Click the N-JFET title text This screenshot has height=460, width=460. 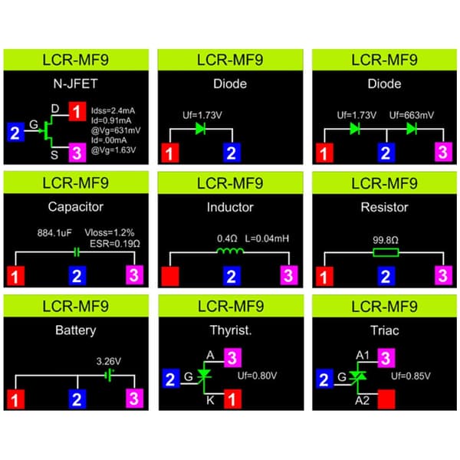pyautogui.click(x=75, y=84)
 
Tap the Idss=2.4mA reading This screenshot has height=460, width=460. pyautogui.click(x=113, y=110)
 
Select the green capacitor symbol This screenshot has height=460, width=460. pyautogui.click(x=77, y=252)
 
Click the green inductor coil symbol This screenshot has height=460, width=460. pyautogui.click(x=230, y=251)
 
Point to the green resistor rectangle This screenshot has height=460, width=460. pyautogui.click(x=386, y=252)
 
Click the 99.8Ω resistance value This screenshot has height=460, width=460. pyautogui.click(x=386, y=240)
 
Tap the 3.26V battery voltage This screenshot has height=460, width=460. pyautogui.click(x=109, y=361)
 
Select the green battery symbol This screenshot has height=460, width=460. pyautogui.click(x=110, y=375)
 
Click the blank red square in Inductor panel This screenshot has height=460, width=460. pyautogui.click(x=170, y=276)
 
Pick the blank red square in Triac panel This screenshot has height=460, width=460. pyautogui.click(x=386, y=399)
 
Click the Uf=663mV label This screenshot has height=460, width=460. pyautogui.click(x=411, y=115)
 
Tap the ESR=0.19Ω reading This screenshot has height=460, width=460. pyautogui.click(x=115, y=244)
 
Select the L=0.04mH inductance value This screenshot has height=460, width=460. pyautogui.click(x=267, y=238)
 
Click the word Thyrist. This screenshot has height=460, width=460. pyautogui.click(x=231, y=330)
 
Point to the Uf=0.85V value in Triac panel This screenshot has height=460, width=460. pyautogui.click(x=411, y=376)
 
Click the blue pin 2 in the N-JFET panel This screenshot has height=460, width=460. pyautogui.click(x=15, y=133)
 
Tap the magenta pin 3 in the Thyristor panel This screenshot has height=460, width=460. pyautogui.click(x=232, y=357)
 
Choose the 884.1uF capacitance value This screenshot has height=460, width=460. pyautogui.click(x=54, y=233)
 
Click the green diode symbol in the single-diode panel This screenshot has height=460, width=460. pyautogui.click(x=201, y=129)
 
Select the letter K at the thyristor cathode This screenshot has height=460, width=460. pyautogui.click(x=210, y=400)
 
